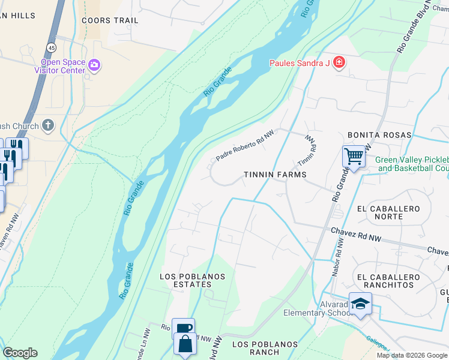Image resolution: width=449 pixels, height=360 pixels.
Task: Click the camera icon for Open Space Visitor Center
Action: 94,64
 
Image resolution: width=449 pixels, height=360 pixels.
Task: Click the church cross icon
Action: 48,125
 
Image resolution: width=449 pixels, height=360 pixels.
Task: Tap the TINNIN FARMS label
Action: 275,175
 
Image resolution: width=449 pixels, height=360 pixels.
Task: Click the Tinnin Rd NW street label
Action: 308,151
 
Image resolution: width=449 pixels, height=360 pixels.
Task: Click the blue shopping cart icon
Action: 354,157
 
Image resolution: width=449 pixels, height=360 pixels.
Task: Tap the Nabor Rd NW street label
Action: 337,257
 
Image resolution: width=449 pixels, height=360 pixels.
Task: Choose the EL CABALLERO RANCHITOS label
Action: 393,281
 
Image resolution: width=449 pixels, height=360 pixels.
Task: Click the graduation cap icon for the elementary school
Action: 361,303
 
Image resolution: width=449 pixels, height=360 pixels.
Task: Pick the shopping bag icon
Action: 185,344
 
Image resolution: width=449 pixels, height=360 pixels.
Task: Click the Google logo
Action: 20,353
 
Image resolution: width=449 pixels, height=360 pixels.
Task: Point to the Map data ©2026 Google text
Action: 411,355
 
